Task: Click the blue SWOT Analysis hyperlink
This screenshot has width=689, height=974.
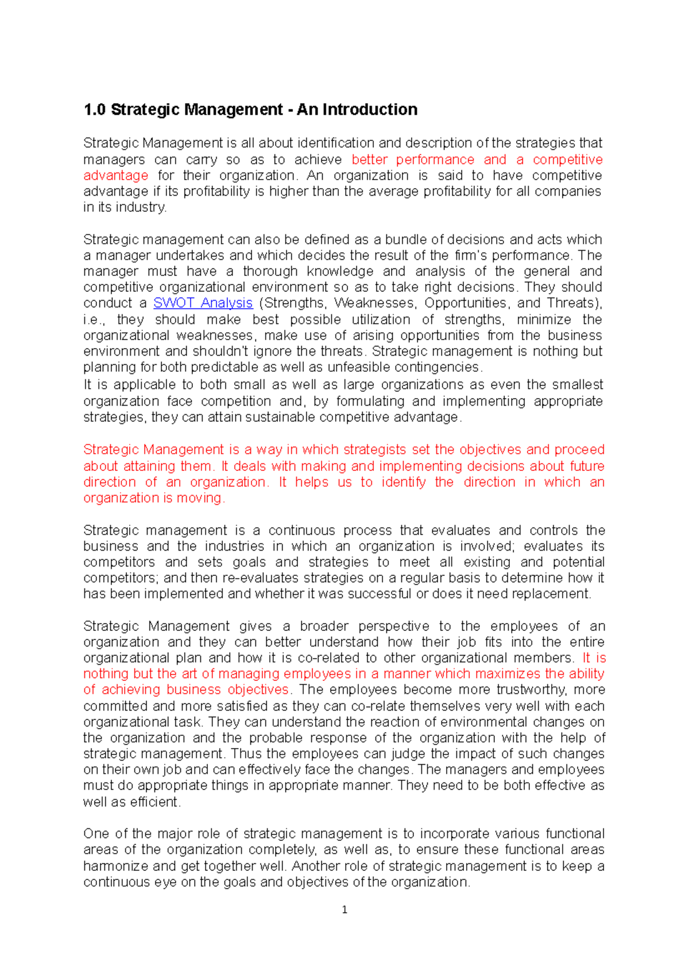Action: [x=203, y=303]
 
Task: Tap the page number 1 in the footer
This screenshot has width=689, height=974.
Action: [x=344, y=910]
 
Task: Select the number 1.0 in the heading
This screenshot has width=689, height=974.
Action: [x=95, y=110]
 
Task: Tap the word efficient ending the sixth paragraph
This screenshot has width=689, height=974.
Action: [x=154, y=802]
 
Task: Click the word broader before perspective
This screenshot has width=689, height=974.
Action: [x=324, y=626]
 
